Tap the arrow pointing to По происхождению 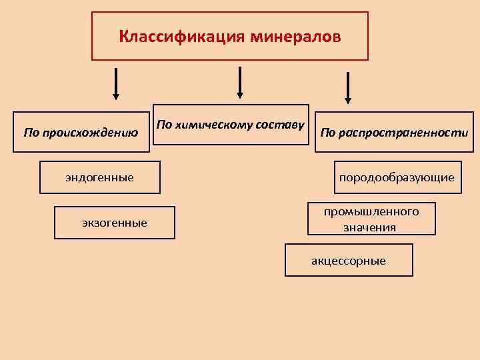(116, 83)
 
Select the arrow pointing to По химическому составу (240, 82)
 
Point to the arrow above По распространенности (347, 87)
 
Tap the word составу (281, 124)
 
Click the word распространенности (403, 132)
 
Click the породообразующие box (397, 177)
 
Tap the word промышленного (371, 211)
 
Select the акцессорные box (349, 260)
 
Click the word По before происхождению (31, 132)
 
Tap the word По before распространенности (327, 132)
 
